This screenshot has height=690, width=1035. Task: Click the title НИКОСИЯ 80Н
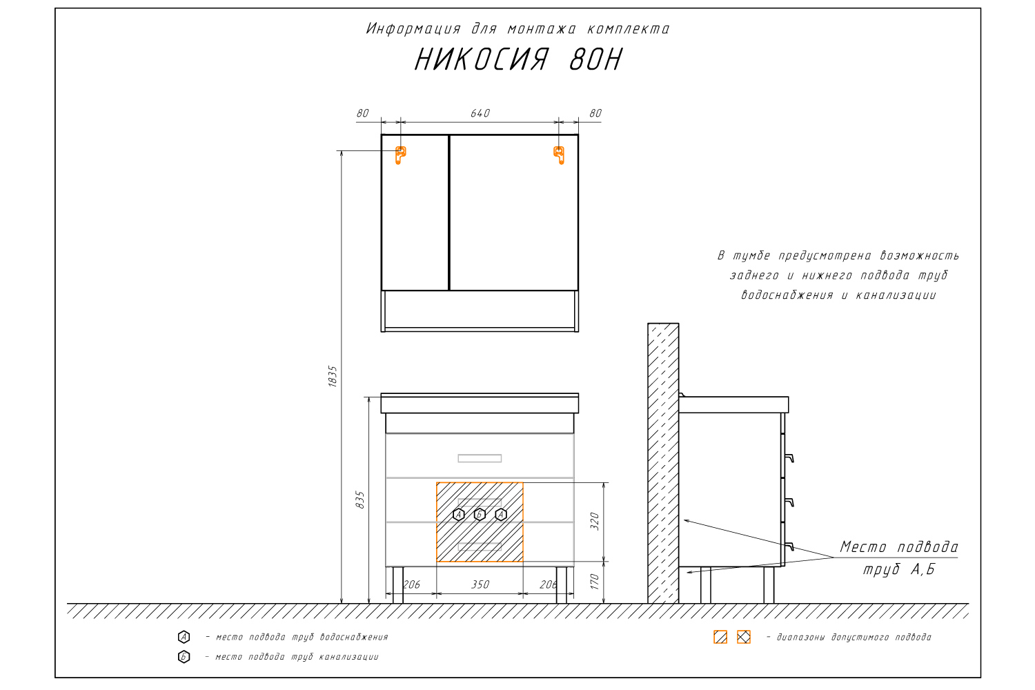pos(518,59)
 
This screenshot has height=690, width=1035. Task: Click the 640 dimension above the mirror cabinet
pos(480,113)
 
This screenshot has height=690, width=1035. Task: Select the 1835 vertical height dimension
pos(333,376)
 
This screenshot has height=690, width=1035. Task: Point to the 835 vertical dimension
pos(360,500)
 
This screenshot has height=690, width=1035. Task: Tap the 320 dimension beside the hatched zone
pos(595,522)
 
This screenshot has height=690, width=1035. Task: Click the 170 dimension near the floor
pos(595,582)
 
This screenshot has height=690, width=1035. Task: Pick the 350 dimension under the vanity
pos(480,584)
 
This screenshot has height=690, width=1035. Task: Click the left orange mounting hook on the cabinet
pos(400,155)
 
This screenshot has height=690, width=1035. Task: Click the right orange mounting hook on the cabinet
pos(559,155)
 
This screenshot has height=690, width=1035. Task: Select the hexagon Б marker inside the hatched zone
pos(480,514)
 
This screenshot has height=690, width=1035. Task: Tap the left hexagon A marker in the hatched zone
pos(458,514)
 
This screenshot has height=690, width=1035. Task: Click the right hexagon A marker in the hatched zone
pos(501,514)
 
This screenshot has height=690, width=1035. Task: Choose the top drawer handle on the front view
pos(480,458)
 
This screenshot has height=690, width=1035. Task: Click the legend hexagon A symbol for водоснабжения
pos(184,637)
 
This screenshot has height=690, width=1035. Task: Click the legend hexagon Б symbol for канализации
pos(184,657)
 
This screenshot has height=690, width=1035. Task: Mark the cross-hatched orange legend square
pos(743,637)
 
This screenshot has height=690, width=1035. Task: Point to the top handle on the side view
pos(789,458)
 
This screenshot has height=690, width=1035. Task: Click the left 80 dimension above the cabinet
pos(363,113)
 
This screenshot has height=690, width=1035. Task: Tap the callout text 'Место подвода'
pos(899,547)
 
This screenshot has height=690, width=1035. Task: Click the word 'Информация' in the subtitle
pos(413,29)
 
